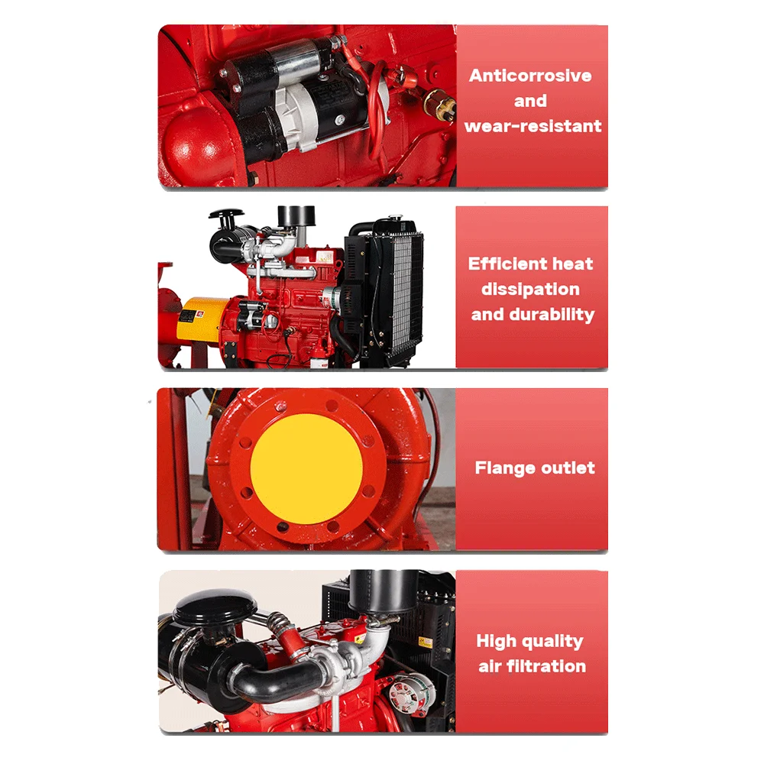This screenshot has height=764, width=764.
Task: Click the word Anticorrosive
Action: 530,76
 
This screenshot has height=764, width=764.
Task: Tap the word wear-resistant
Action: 533,126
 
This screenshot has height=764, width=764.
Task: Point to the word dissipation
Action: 530,290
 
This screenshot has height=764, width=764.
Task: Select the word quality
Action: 555,641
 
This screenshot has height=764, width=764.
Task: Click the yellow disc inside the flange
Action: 306,468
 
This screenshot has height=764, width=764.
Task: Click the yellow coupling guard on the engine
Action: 200,319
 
